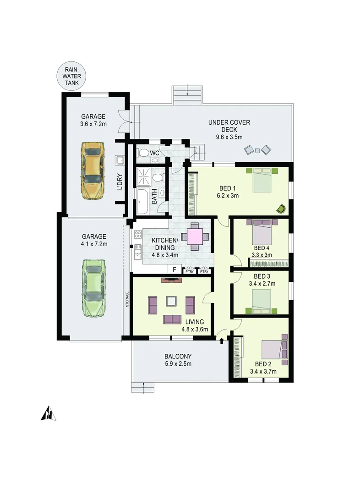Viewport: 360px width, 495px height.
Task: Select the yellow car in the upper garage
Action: point(93,170)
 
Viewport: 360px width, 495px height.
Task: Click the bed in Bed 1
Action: point(263,180)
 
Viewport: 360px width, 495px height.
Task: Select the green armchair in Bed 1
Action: point(281,209)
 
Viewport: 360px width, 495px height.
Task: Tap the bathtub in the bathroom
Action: point(142,202)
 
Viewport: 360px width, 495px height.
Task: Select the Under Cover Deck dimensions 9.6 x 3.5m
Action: point(229,137)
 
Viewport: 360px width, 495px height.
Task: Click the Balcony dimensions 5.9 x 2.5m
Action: point(178,364)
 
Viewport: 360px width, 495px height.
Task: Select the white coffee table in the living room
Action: point(171,301)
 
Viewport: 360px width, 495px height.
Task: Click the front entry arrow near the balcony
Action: point(222,341)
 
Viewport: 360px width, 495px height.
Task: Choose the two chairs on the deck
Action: point(257,149)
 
